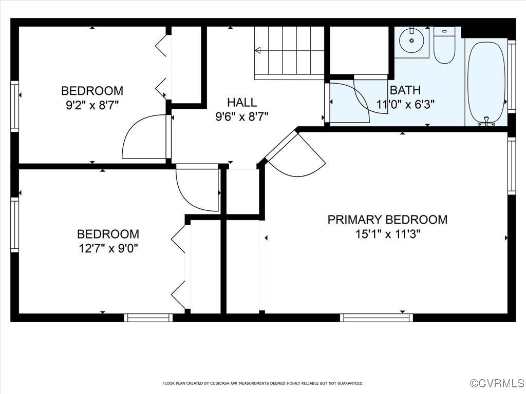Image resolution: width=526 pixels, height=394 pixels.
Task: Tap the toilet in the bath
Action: coord(444,47)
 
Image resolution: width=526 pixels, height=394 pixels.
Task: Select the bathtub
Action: coord(486,82)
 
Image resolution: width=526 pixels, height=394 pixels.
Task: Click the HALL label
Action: coord(241,102)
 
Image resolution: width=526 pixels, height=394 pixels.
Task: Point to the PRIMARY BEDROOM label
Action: coord(387,220)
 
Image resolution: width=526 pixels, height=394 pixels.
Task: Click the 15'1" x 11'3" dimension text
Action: coord(387,234)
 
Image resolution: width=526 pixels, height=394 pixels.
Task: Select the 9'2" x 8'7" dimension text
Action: coord(92,105)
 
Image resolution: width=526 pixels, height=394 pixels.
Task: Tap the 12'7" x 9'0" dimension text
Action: coord(108,248)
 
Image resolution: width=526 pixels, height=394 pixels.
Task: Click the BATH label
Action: coord(405,91)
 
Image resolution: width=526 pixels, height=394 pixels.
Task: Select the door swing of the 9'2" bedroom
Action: coord(142,137)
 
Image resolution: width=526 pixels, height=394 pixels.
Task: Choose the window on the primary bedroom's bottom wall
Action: coord(377,318)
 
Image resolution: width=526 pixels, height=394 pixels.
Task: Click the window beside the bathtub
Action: coord(511,76)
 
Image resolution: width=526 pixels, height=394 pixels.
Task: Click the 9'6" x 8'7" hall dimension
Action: coord(241,116)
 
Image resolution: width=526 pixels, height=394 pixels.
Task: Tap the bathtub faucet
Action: coord(486,122)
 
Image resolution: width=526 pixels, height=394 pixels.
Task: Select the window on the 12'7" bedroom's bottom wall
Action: coord(148,318)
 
